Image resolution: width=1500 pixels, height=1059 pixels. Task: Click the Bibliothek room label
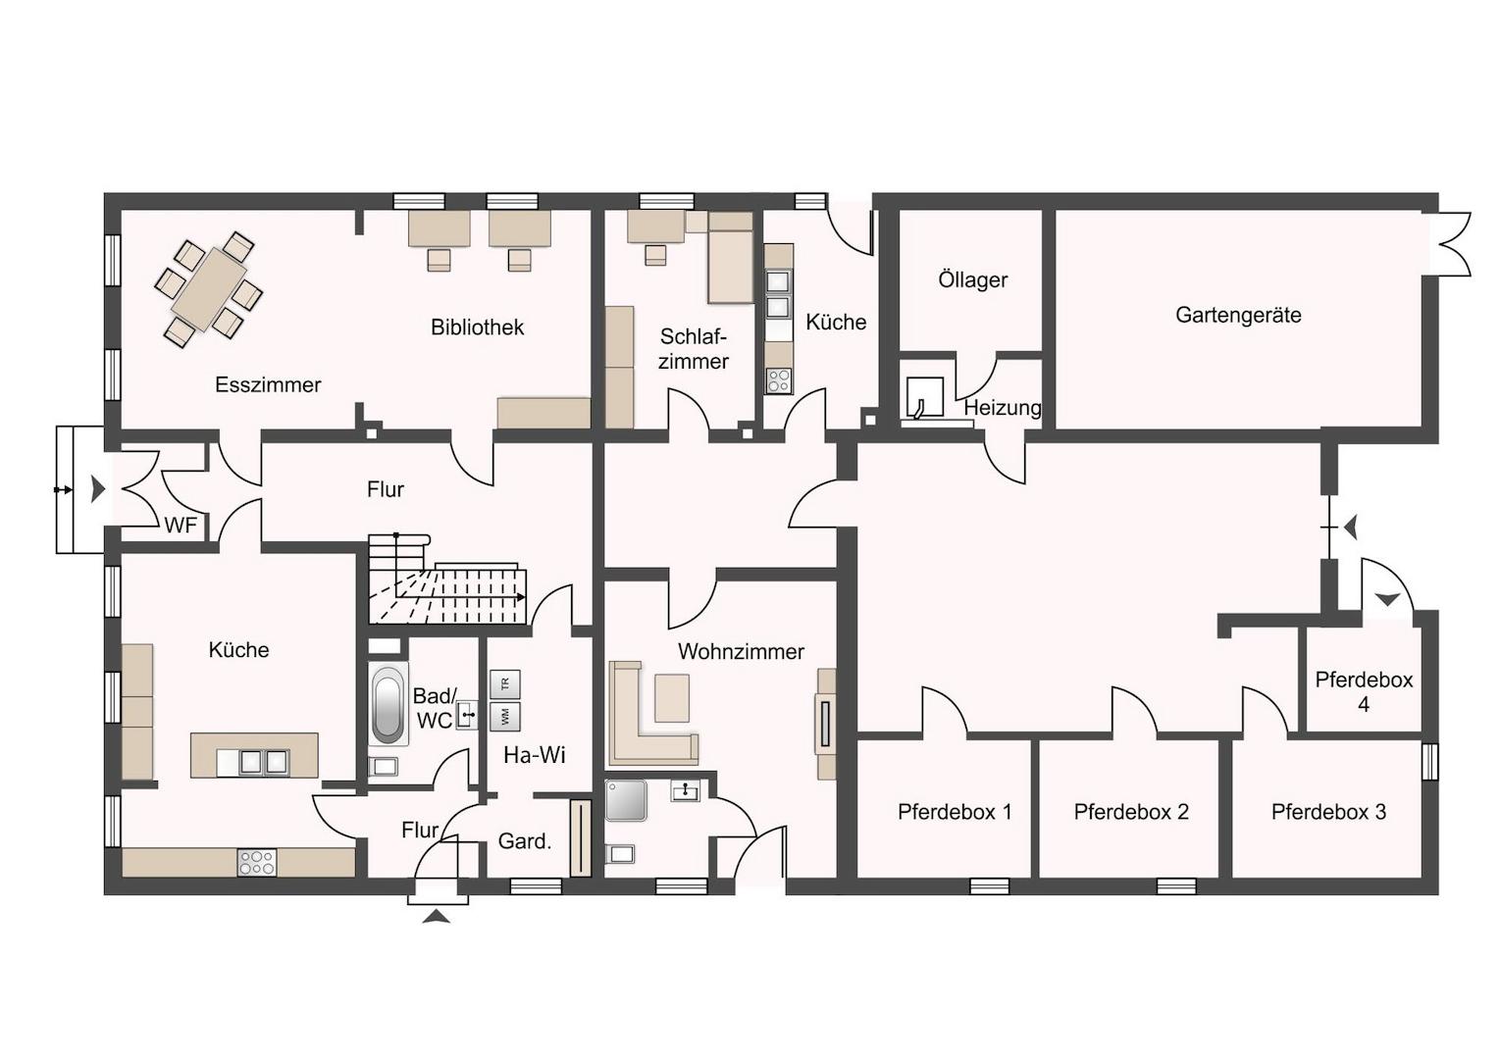tap(477, 328)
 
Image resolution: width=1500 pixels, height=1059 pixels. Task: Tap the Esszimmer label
tap(268, 385)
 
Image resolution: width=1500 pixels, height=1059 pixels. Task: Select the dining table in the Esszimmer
tap(208, 290)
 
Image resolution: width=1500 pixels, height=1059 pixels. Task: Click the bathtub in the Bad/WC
tap(388, 704)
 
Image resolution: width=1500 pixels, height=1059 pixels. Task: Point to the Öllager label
tap(972, 279)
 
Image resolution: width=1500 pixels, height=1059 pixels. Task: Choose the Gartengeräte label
tap(1238, 315)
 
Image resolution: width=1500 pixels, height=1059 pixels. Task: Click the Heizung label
tap(1003, 407)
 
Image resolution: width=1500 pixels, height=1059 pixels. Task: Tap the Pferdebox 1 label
tap(955, 812)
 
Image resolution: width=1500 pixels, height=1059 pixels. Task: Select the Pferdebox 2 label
tap(1131, 812)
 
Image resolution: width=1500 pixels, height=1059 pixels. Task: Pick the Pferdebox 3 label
tap(1328, 812)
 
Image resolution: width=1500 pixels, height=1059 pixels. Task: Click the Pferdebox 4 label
tap(1364, 691)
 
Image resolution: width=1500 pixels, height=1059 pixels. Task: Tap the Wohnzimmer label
tap(741, 651)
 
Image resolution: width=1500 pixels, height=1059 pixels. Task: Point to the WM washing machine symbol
tap(505, 716)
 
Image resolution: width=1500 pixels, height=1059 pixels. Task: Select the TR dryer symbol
tap(505, 684)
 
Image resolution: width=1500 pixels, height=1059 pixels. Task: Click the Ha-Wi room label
tap(535, 755)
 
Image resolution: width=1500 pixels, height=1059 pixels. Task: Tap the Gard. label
tap(524, 840)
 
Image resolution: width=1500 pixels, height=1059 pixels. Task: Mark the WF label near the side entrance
tap(181, 526)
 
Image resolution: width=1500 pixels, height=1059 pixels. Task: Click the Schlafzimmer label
tap(693, 349)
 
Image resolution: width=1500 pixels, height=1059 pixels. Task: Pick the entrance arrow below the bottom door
tap(436, 917)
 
